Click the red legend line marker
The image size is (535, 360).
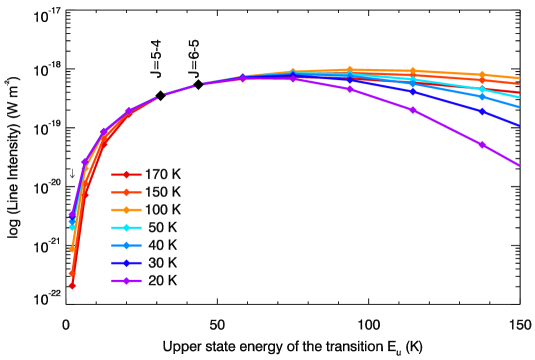point(126,174)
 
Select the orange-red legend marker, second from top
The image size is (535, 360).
point(126,192)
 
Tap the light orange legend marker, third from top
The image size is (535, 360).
point(126,210)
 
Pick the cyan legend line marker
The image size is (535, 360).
point(126,228)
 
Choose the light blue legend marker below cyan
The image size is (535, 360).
point(126,245)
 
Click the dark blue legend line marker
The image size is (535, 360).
point(126,263)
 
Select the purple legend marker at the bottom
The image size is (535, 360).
point(126,281)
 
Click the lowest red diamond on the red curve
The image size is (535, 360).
point(72,285)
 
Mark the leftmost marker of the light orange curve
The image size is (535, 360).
point(72,249)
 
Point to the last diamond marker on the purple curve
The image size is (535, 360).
point(482,144)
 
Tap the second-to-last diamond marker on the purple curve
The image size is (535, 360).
point(412,110)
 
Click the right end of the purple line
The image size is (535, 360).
point(518,165)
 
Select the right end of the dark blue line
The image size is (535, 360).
point(518,125)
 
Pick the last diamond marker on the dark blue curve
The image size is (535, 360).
point(482,112)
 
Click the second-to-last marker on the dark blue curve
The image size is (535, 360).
point(412,92)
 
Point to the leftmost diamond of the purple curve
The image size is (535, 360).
point(72,214)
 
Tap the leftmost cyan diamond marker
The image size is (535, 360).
point(72,227)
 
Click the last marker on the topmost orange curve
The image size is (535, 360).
point(482,75)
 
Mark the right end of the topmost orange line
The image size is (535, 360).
point(518,78)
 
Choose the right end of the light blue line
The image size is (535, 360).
point(518,106)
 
